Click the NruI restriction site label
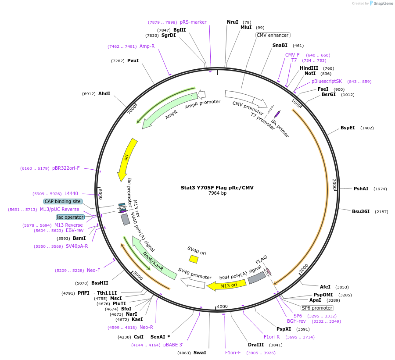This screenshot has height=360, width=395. pos(232,22)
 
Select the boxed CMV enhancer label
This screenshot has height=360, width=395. pos(273,35)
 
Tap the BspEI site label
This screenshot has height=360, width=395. pos(348,128)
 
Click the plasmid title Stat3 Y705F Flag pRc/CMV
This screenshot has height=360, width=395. pos(217,187)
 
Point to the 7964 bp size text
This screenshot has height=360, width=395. pos(217,193)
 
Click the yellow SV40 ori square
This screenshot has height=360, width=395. pos(193,259)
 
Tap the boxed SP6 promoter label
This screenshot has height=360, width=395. pos(317,307)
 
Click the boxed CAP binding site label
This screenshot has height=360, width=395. pos(63,201)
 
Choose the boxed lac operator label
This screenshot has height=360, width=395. pos(70,217)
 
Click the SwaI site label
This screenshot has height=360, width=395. pos(200,353)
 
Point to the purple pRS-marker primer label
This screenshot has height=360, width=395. pos(193,22)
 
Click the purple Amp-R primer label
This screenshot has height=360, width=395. pos(147,46)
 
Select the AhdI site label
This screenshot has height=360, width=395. pos(104,93)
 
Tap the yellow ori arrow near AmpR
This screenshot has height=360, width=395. pos(127,160)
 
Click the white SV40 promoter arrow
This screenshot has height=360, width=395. pos(193,283)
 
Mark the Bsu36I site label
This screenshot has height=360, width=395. pos(360,211)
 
